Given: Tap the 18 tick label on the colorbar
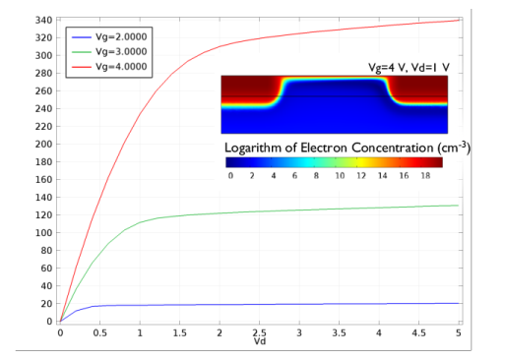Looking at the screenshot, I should click(426, 175).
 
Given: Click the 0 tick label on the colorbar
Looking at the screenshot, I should click(230, 175).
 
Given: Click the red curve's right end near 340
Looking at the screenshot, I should click(459, 20).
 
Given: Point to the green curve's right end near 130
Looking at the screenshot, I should click(459, 206).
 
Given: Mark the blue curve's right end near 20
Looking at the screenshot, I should click(459, 303).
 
